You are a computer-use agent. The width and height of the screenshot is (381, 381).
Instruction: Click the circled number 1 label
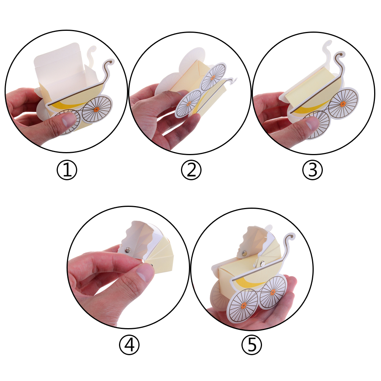tap(67, 170)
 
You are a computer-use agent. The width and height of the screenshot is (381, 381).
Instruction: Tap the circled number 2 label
tap(191, 170)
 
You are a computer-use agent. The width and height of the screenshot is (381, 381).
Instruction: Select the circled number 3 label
tap(313, 170)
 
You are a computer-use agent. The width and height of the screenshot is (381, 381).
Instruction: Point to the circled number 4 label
tap(129, 345)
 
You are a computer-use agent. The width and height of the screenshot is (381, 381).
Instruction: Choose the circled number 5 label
tap(251, 345)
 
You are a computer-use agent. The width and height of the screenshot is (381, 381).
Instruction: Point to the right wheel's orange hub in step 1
tap(96, 110)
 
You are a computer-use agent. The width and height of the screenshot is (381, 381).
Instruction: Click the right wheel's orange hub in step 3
tap(343, 105)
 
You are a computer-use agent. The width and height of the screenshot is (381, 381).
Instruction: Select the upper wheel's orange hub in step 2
tap(213, 78)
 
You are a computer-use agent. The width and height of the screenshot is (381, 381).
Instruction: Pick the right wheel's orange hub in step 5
tap(273, 292)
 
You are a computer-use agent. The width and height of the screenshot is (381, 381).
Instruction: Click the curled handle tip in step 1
tap(111, 62)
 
